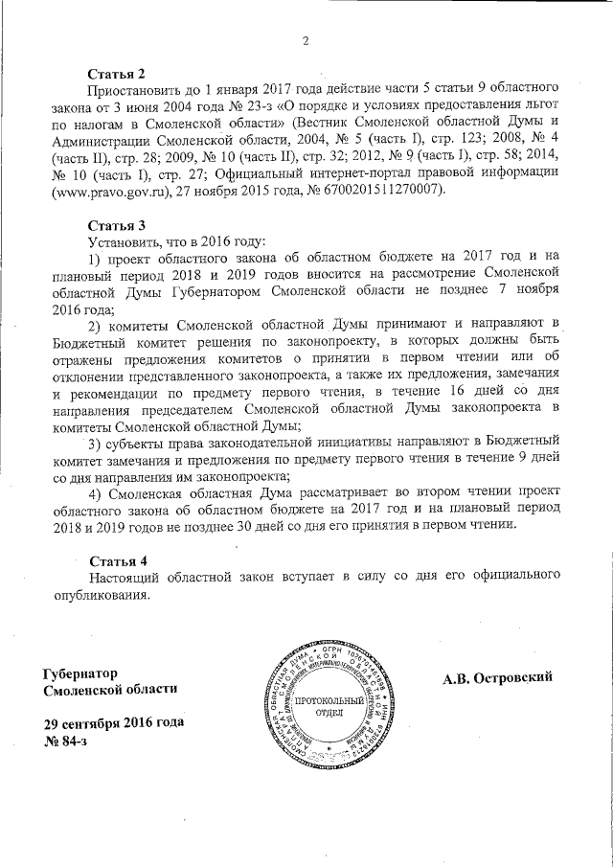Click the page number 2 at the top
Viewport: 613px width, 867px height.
tap(306, 39)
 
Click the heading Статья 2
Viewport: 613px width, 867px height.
tap(116, 74)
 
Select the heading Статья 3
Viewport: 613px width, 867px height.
tap(116, 224)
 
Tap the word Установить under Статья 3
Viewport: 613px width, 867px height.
tap(123, 241)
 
